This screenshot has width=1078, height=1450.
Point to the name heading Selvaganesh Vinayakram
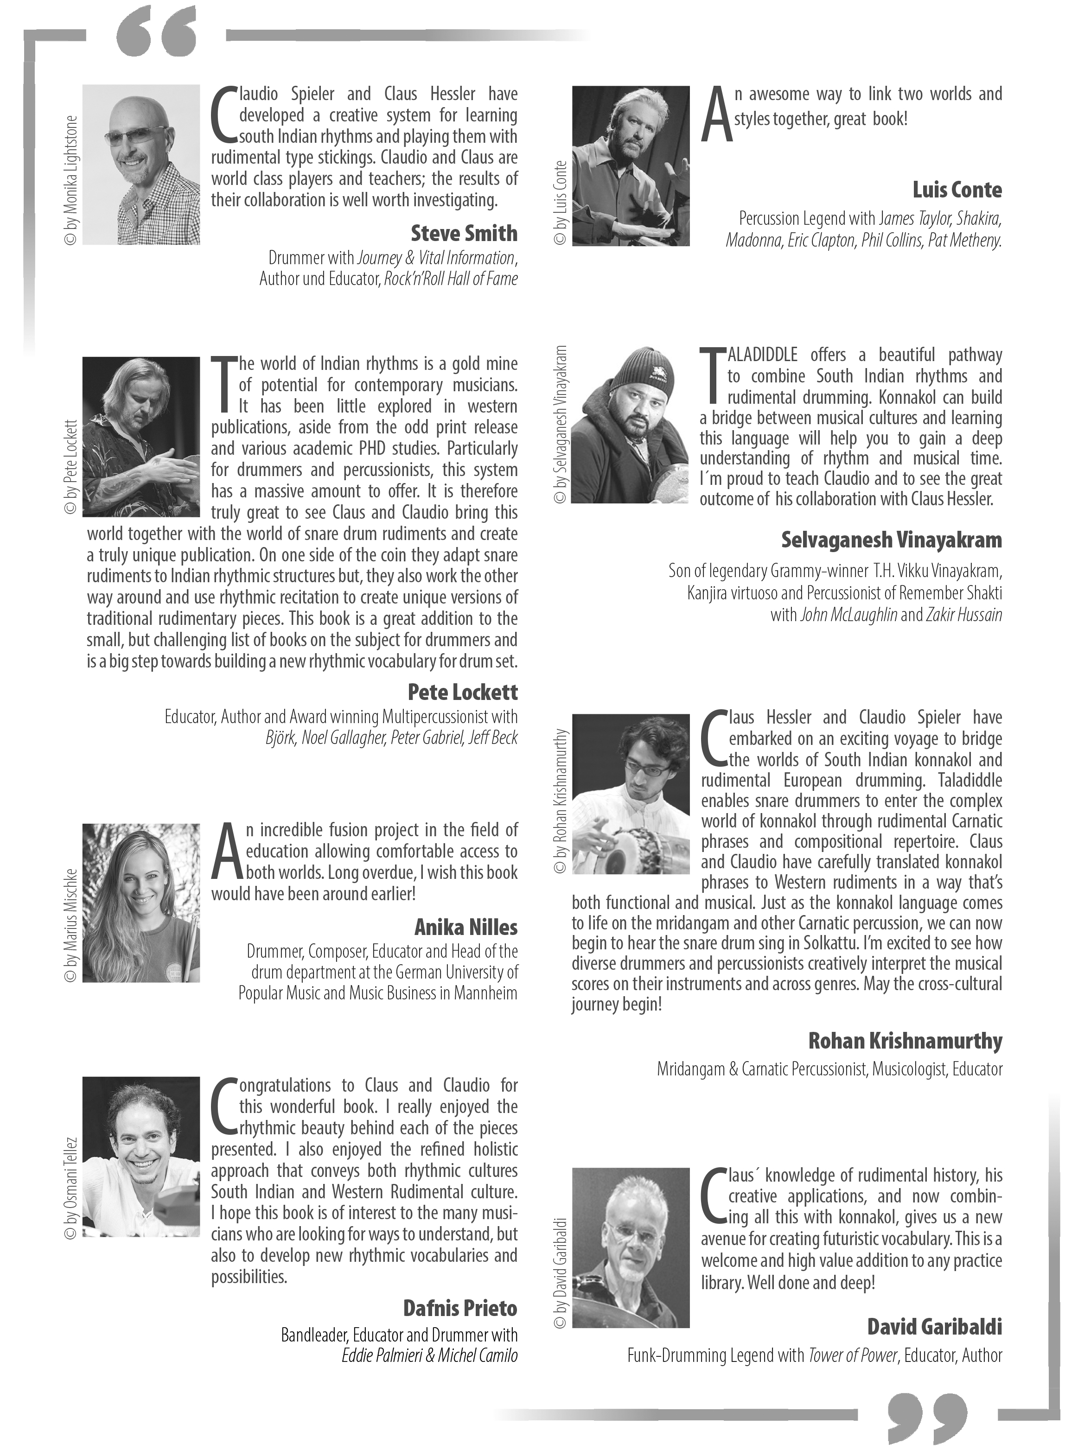[x=891, y=540]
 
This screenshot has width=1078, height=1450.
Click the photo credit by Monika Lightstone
[x=71, y=181]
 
